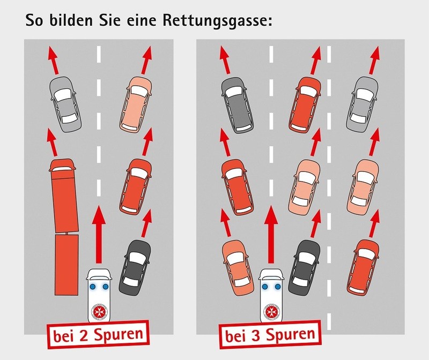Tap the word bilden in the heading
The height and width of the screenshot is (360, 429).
(x=75, y=22)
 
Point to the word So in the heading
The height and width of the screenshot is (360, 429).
(x=35, y=22)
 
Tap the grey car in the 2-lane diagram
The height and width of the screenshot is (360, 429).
(x=65, y=104)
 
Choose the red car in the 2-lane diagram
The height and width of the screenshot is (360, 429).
(x=135, y=185)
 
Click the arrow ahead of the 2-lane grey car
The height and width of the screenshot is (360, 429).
(x=52, y=59)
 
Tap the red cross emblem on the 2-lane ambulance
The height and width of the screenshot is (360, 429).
(x=100, y=313)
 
